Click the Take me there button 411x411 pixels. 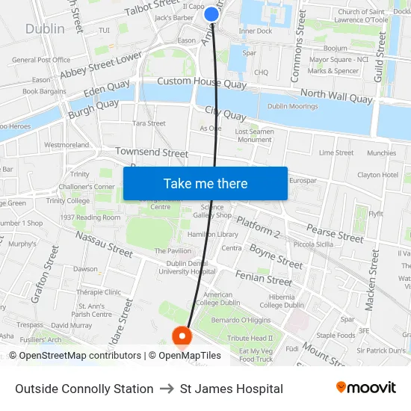[x=205, y=183]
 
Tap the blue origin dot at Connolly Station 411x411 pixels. [x=211, y=13]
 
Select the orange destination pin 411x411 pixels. [x=181, y=338]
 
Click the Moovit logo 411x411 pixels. [x=366, y=388]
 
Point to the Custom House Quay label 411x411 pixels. [x=202, y=82]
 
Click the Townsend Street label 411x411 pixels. [x=152, y=152]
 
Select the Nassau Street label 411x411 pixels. [x=105, y=244]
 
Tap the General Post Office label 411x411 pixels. [x=41, y=60]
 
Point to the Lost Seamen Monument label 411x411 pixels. [x=254, y=135]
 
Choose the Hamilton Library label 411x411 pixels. [x=213, y=234]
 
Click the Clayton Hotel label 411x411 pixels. [x=377, y=175]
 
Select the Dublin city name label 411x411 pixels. [x=45, y=29]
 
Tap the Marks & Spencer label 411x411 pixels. [x=333, y=71]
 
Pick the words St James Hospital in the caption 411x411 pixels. [x=232, y=389]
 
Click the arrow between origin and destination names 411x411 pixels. [x=167, y=389]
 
